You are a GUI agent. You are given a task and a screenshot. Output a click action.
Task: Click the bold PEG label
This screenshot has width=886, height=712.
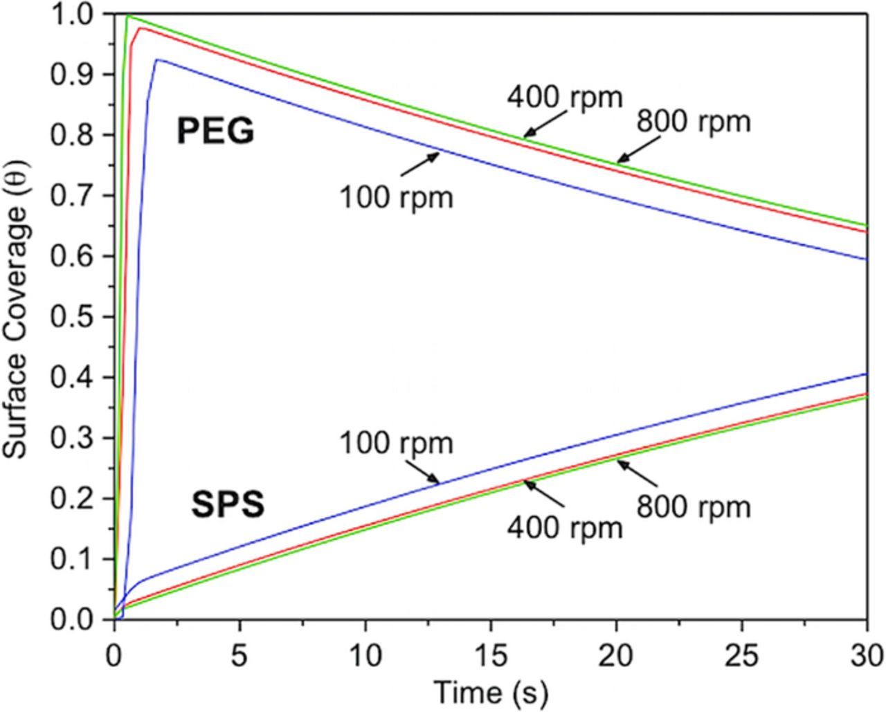point(215,131)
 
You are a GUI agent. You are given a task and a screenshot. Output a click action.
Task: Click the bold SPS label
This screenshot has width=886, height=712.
point(227,506)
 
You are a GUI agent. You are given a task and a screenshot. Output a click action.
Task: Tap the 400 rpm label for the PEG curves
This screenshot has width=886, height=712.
point(565,98)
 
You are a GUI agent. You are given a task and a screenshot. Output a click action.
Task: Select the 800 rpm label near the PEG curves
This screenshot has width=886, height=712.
point(693,122)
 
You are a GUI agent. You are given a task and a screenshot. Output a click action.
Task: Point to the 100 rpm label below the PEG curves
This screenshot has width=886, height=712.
point(396,198)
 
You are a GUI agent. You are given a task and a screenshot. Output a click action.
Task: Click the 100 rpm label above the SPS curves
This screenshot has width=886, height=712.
point(396,444)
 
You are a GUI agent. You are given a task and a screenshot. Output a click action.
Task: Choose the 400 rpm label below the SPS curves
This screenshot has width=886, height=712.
point(565,528)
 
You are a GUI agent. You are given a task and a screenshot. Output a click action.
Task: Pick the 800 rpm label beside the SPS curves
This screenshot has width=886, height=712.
point(693,507)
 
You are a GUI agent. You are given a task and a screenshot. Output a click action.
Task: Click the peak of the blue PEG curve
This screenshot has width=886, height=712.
point(158,60)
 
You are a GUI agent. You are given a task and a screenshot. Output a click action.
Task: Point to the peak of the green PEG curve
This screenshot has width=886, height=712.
point(128,15)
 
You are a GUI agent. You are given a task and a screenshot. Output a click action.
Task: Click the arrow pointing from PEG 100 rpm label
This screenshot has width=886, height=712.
point(419,164)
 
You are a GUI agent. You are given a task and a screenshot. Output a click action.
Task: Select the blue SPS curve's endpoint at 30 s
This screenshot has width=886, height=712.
point(867,374)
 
